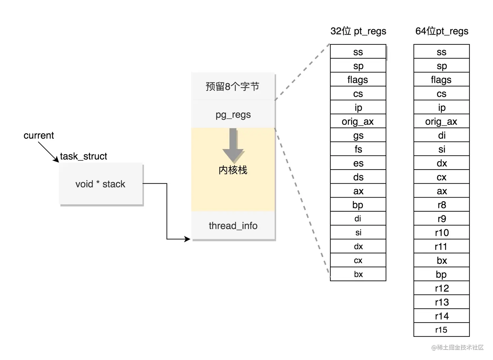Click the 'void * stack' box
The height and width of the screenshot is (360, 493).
[101, 184]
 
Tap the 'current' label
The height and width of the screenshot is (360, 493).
[38, 135]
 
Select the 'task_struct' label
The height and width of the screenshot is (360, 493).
[83, 156]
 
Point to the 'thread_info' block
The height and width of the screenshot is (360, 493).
[233, 226]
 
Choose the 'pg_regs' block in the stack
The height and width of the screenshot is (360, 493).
[233, 114]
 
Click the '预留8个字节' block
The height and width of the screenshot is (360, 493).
[233, 86]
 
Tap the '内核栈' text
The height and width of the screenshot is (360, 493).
[233, 170]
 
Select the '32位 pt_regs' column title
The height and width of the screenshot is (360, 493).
[358, 31]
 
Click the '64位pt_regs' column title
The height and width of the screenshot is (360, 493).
[441, 31]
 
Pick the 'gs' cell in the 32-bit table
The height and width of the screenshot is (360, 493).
[358, 135]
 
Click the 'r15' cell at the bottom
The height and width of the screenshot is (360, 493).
[441, 330]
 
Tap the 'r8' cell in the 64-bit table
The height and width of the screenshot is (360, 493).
[441, 205]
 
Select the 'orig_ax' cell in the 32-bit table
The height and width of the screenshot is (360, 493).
[358, 121]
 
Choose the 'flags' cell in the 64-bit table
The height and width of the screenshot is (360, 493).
[441, 80]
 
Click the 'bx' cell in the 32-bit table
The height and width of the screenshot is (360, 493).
[358, 274]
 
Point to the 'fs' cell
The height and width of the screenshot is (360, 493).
[358, 149]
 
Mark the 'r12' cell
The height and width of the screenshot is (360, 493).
[441, 288]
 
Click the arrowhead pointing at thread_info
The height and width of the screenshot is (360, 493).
[187, 239]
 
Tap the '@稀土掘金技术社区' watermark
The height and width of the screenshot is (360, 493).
[457, 347]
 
